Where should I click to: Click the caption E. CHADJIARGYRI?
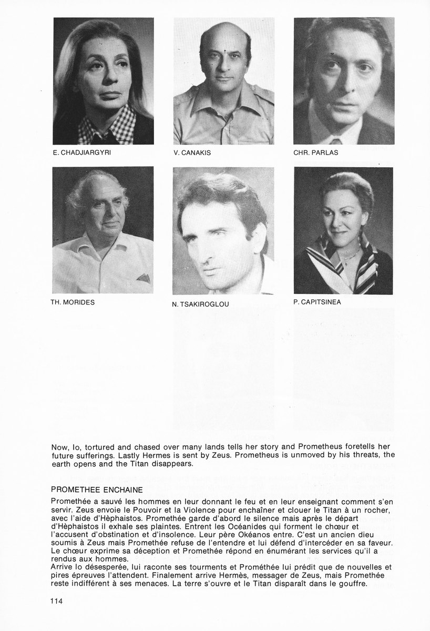tap(81, 153)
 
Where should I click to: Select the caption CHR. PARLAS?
tap(315, 153)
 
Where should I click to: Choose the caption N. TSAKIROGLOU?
tap(200, 304)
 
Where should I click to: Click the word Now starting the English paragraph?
tap(60, 447)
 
